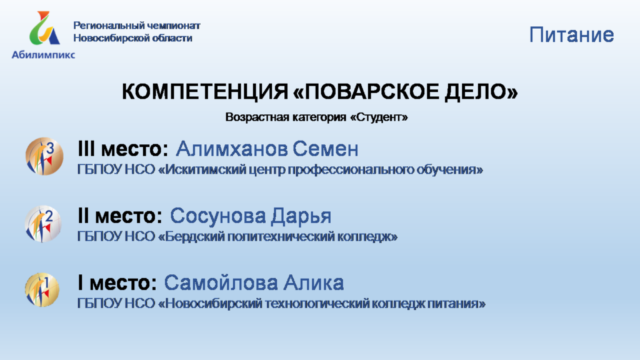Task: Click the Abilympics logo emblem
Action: pos(45,27)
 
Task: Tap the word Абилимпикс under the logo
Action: pos(43,55)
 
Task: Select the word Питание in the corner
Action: pos(571,35)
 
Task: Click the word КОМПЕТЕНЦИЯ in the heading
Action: pos(205,91)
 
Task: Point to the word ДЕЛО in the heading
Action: pos(481,91)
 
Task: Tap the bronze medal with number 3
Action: pos(44,156)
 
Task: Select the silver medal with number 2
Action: pos(43,224)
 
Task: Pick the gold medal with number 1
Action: pos(42,290)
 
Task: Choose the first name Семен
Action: pos(325,149)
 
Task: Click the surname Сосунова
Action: pos(218,216)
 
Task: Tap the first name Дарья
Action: pos(301,216)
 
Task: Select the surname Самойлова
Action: pos(221,282)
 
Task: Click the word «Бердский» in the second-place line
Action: pos(191,237)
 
